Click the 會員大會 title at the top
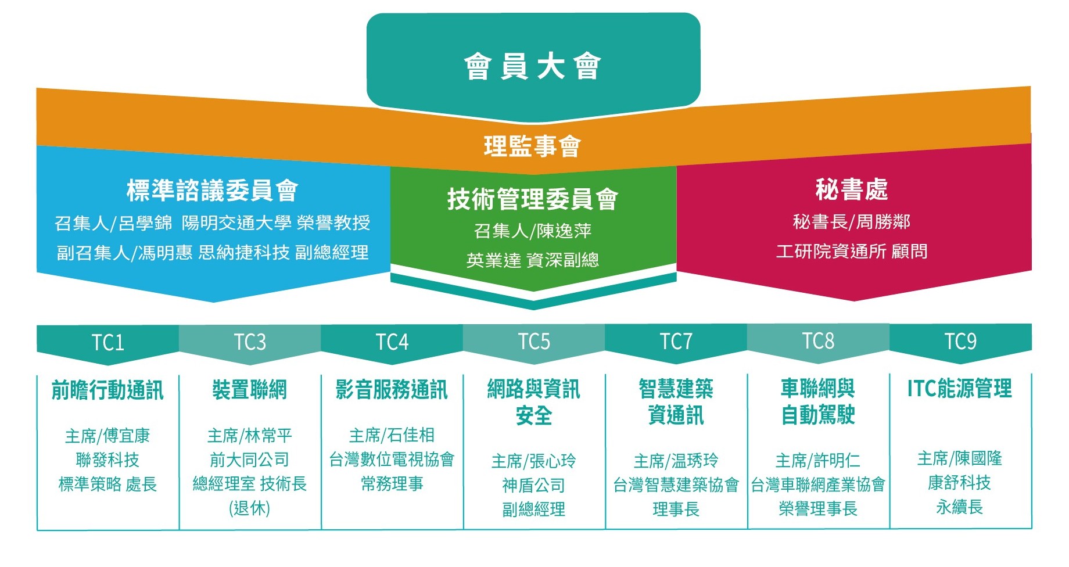[532, 66]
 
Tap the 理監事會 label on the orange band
[532, 146]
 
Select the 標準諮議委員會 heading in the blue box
[213, 191]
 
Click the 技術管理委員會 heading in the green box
[532, 199]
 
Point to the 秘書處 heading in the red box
[852, 189]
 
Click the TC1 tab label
[108, 342]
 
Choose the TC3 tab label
[250, 342]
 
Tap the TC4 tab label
[392, 342]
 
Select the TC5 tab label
[534, 342]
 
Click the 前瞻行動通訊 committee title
[107, 390]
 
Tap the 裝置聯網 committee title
[250, 390]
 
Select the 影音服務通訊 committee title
[392, 390]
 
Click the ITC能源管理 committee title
[960, 389]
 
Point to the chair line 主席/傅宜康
[107, 436]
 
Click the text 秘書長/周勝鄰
[852, 222]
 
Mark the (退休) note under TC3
[250, 508]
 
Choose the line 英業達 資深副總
[532, 260]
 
